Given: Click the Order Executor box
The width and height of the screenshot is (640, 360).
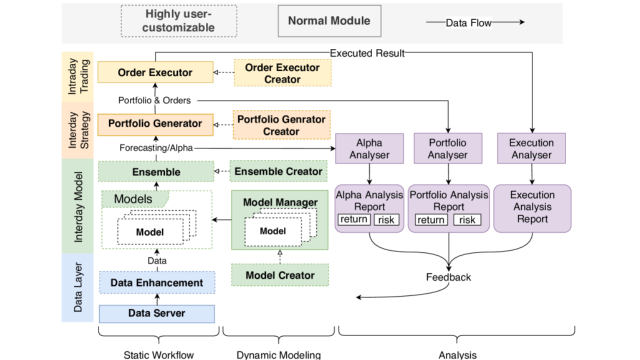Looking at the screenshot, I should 155,72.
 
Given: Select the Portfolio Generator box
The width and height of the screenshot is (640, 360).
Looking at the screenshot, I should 155,123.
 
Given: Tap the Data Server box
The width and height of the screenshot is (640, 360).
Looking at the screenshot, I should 156,313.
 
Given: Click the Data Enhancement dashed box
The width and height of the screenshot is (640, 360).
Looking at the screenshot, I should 156,282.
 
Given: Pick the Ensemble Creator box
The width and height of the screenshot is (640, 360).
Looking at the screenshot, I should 278,171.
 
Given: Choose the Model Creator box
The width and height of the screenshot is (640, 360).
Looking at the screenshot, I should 280,275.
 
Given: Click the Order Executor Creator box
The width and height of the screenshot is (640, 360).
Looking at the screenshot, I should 282,73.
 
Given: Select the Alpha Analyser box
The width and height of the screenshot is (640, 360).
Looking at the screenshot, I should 369,148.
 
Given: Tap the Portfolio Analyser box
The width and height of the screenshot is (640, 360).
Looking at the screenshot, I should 447,148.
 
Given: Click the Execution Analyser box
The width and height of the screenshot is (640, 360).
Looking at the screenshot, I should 531,148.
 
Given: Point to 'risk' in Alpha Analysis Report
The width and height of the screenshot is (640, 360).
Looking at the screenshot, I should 386,219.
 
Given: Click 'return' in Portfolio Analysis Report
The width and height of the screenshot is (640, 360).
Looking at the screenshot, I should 430,219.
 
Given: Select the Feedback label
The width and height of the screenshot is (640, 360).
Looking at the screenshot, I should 448,277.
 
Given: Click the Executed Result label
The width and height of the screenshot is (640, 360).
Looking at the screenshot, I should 367,53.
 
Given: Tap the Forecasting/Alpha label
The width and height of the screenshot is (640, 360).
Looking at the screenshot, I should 156,147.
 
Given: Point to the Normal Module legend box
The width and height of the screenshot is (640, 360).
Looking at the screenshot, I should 329,21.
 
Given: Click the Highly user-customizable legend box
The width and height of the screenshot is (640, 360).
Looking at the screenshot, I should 178,21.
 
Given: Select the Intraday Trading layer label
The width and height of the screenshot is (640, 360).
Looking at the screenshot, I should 77,76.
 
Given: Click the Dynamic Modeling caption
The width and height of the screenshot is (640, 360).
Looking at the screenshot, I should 278,355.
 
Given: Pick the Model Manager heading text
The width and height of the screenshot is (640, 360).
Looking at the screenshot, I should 280,202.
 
